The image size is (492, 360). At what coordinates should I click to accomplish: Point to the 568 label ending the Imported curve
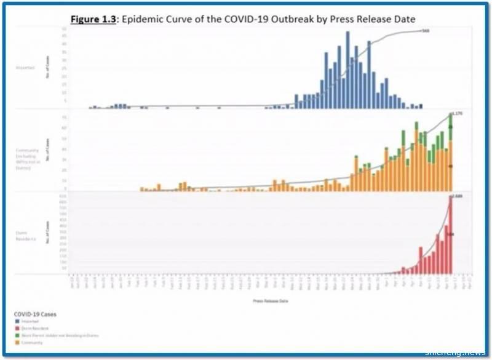coord(425,30)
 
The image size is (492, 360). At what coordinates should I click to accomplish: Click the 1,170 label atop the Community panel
coord(457,113)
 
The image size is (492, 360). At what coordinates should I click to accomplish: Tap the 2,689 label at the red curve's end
coord(457,196)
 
